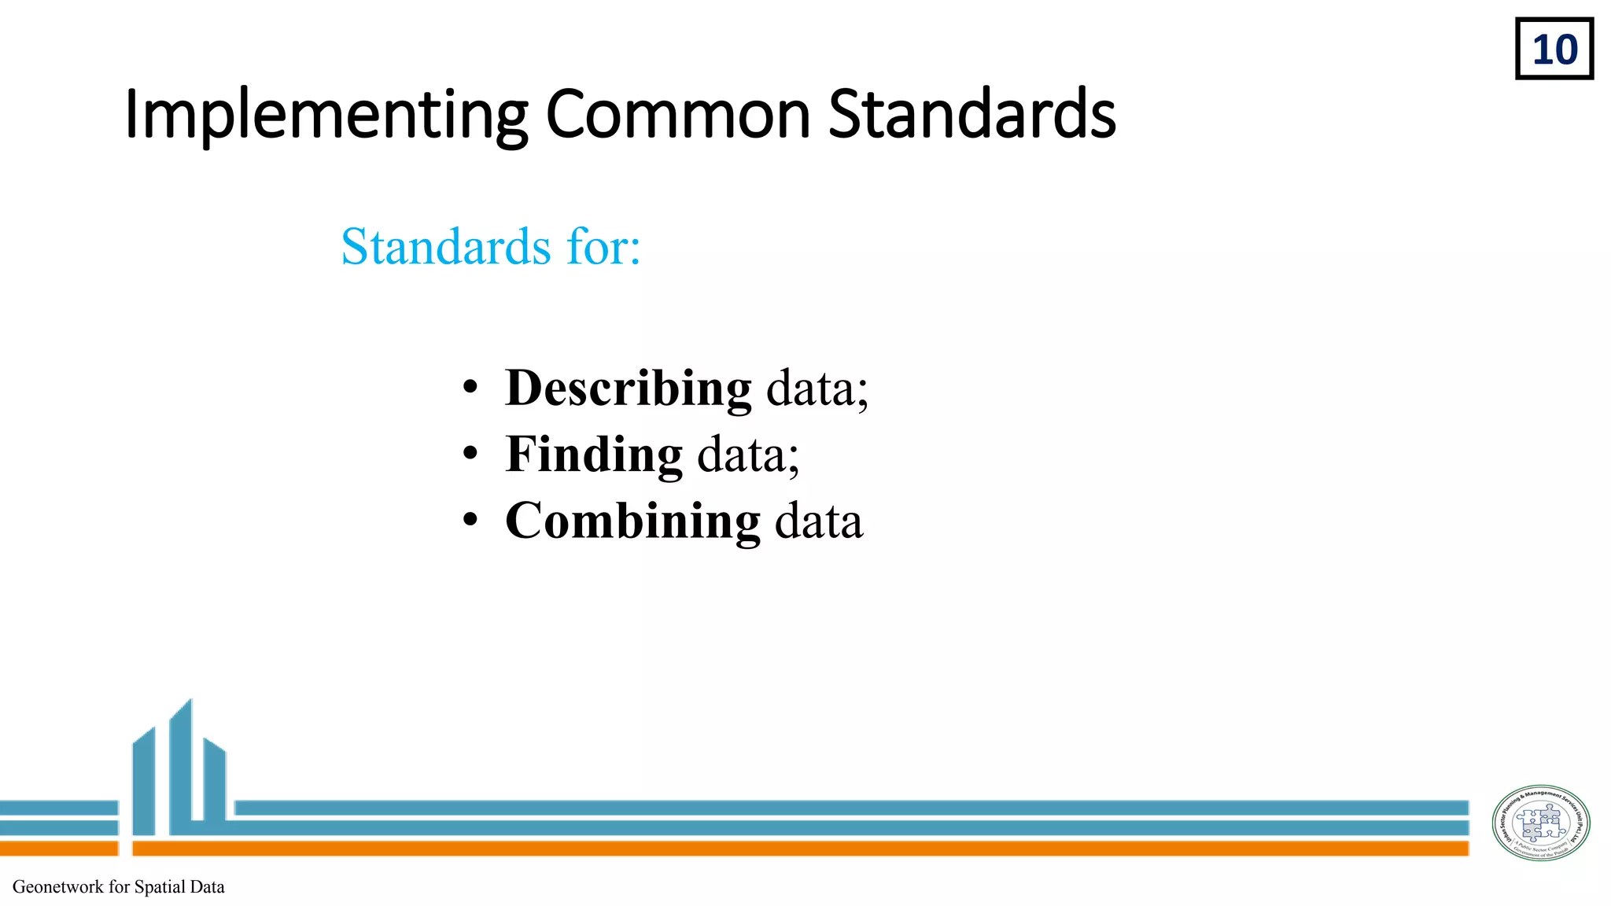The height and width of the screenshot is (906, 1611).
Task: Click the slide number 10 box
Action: (x=1554, y=49)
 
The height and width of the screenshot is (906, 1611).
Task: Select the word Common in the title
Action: (x=678, y=115)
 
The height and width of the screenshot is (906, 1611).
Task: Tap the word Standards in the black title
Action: (x=972, y=115)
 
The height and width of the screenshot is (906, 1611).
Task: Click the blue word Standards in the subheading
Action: (x=446, y=247)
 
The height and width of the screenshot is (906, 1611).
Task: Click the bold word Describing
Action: (x=628, y=388)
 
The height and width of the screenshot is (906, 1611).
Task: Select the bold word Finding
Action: (x=594, y=455)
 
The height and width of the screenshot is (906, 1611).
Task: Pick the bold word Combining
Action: (x=632, y=521)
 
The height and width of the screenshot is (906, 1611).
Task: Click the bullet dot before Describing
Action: (x=470, y=388)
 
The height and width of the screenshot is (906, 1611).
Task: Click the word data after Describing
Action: (x=817, y=388)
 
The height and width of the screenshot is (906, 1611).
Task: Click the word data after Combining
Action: (x=819, y=521)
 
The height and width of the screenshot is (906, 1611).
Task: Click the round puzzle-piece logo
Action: (x=1541, y=823)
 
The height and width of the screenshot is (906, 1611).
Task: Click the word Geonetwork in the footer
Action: (x=58, y=887)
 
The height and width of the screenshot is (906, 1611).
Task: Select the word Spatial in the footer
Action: (x=160, y=887)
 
